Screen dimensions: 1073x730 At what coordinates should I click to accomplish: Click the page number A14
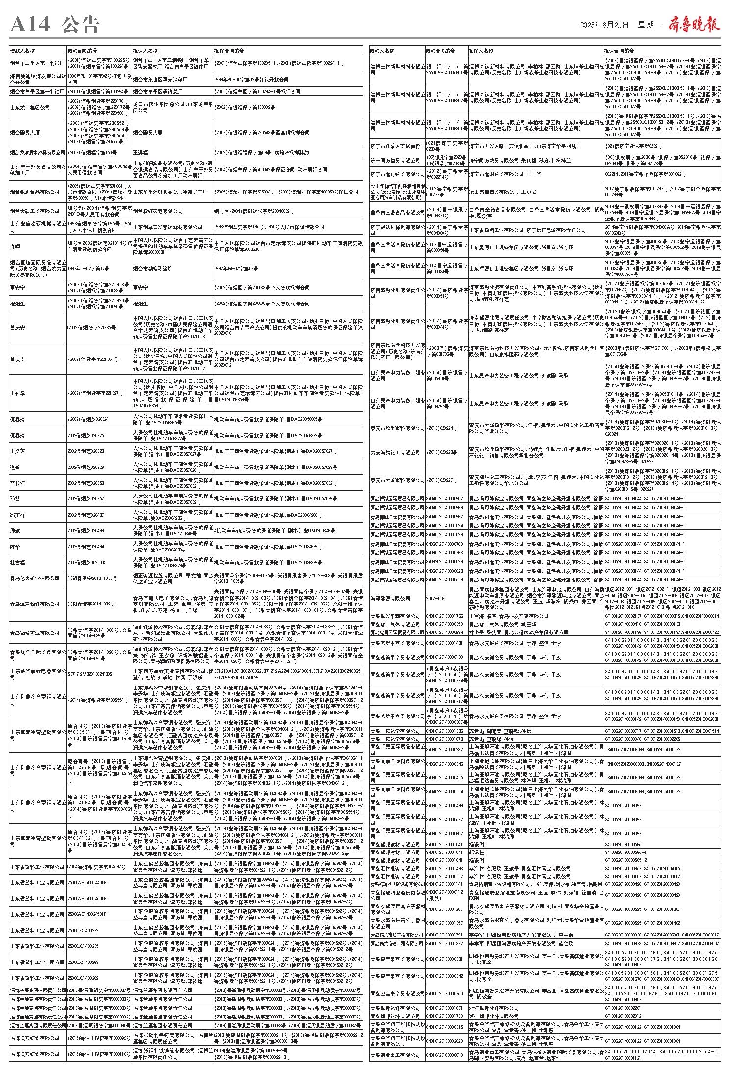pyautogui.click(x=30, y=25)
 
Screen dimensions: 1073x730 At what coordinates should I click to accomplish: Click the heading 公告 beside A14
pyautogui.click(x=81, y=25)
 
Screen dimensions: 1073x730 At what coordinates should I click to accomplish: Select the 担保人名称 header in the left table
pyautogui.click(x=146, y=50)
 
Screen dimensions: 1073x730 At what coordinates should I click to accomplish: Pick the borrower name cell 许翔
pyautogui.click(x=16, y=246)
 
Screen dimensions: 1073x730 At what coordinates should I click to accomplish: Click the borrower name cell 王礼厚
pyautogui.click(x=17, y=393)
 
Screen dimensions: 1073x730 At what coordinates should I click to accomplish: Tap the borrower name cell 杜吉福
pyautogui.click(x=17, y=562)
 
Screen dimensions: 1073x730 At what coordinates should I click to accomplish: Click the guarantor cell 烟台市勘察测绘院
pyautogui.click(x=153, y=269)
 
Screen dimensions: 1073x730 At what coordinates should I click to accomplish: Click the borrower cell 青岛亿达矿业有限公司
pyautogui.click(x=35, y=578)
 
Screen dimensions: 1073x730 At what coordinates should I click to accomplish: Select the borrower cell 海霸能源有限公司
pyautogui.click(x=390, y=598)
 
